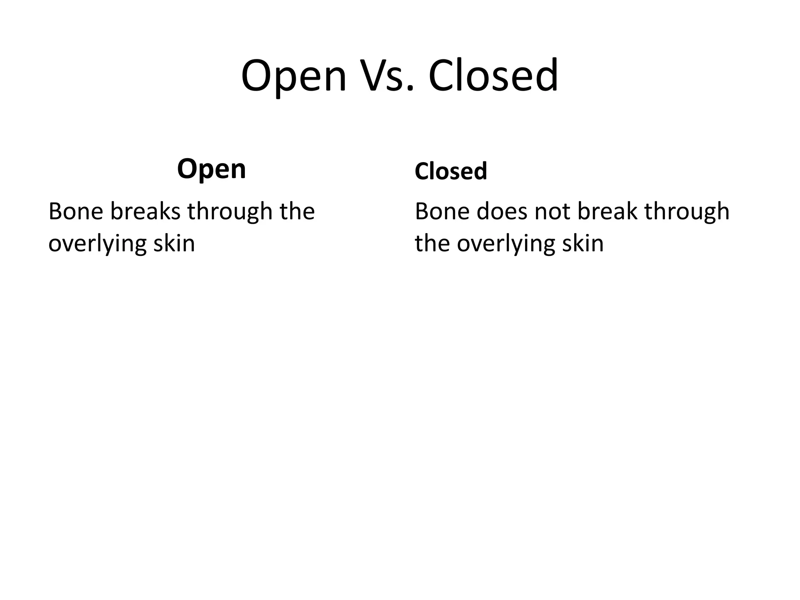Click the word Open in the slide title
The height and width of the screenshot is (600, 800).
pos(294,76)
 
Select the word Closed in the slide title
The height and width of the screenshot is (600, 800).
pos(493,76)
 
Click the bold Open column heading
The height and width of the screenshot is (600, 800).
pos(211,170)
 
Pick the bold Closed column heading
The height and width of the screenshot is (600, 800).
pos(451,171)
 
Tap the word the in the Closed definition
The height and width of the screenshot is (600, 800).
pos(432,243)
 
